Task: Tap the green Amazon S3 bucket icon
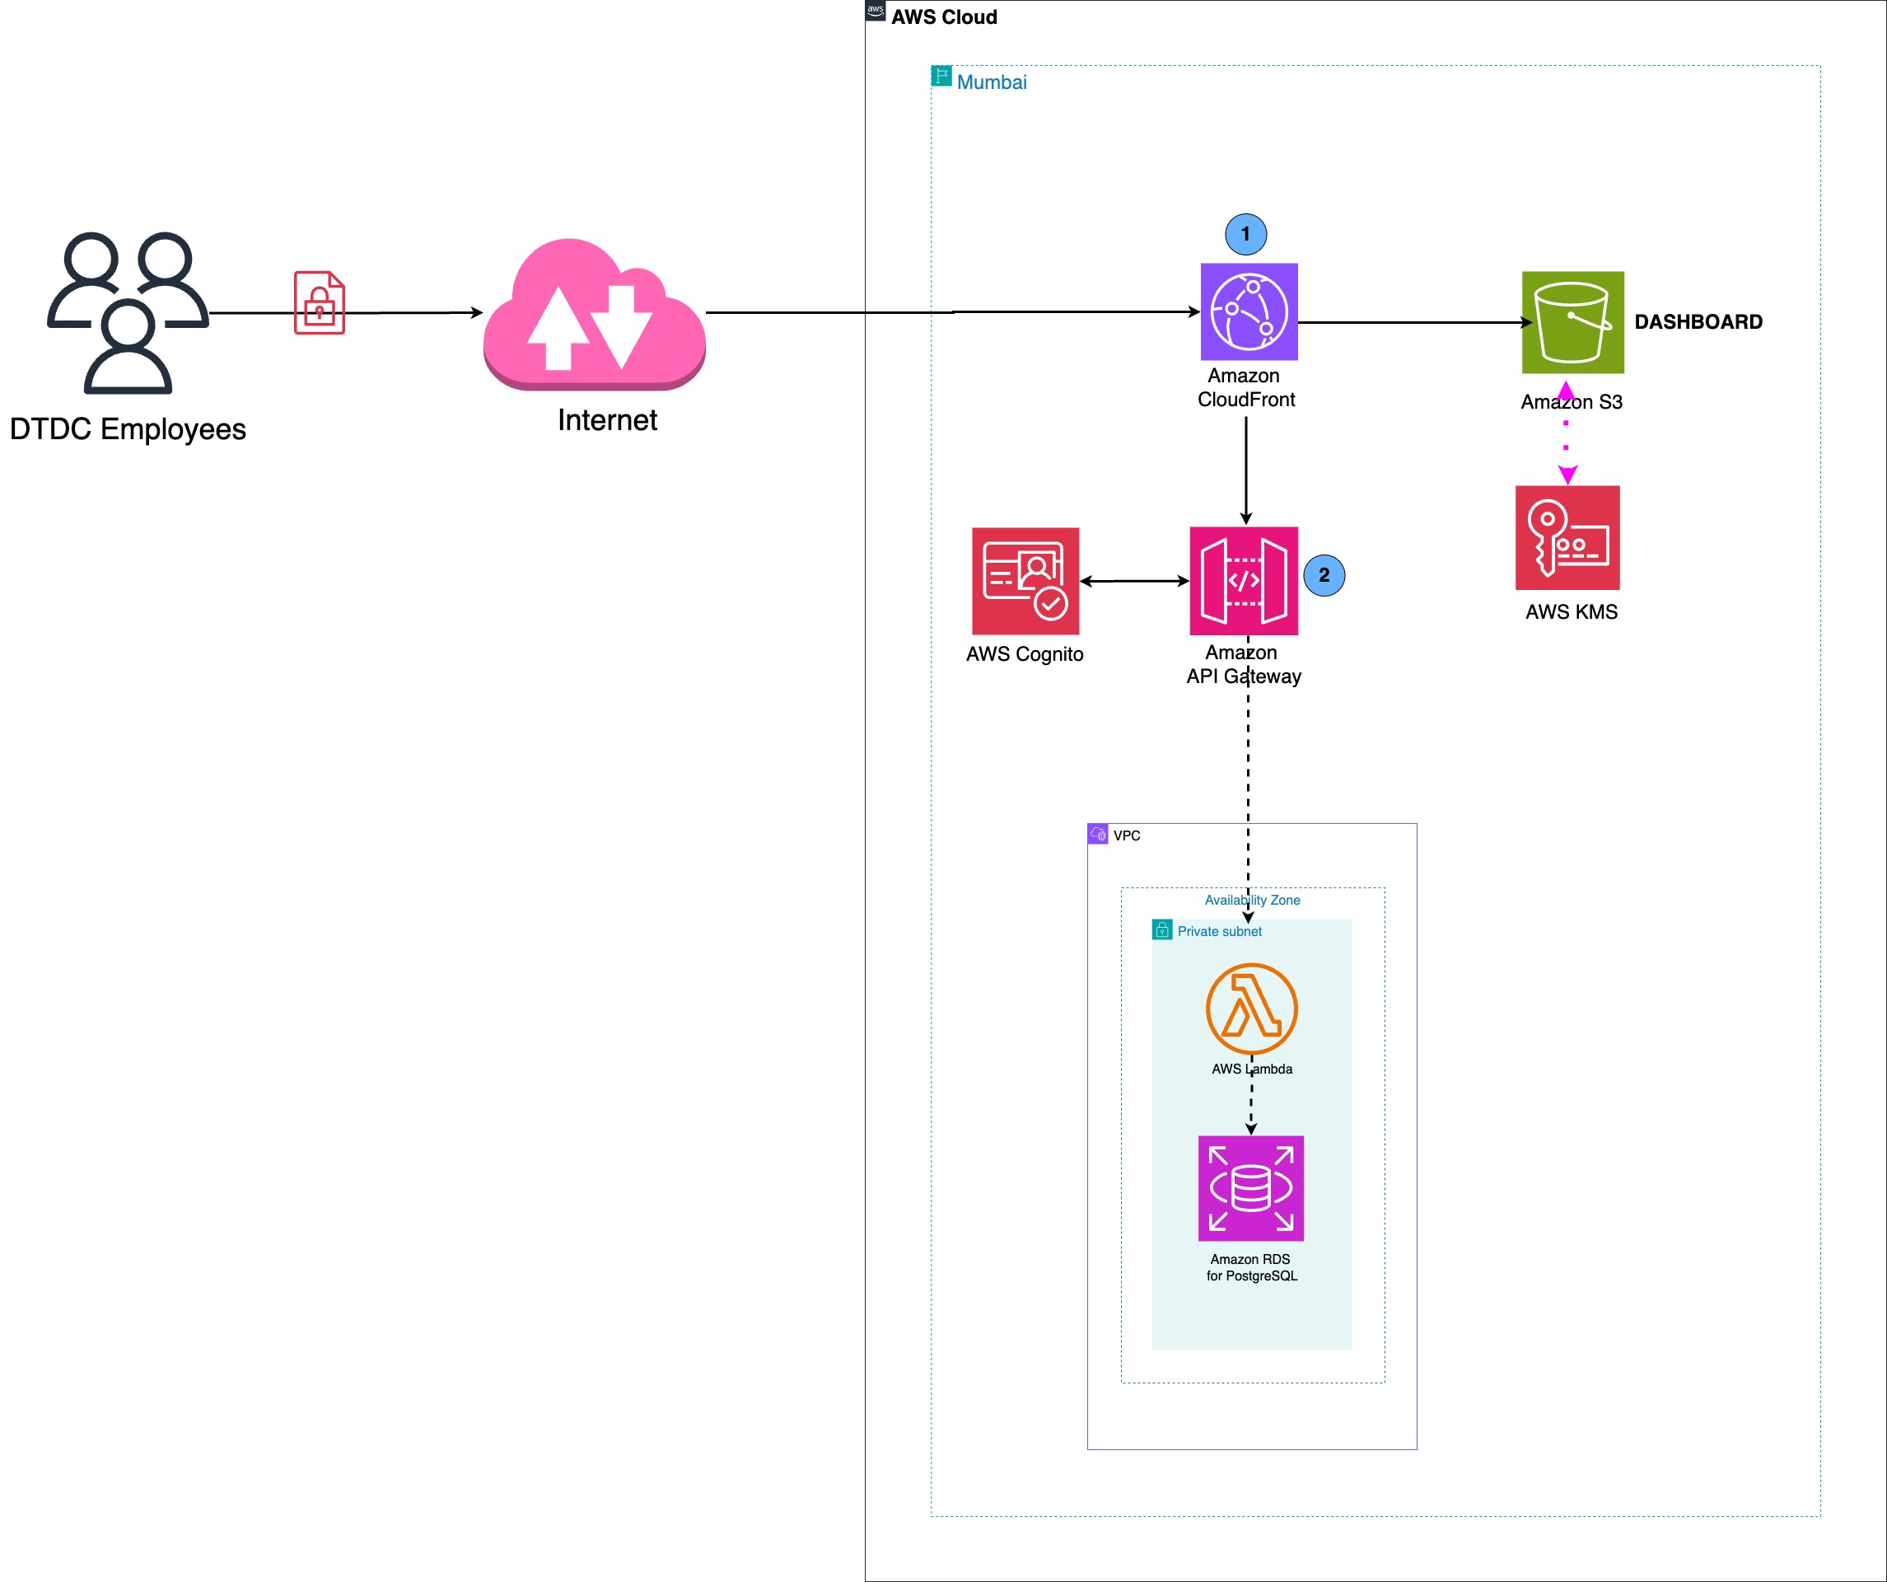tap(1572, 322)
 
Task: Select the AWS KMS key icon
tap(1567, 537)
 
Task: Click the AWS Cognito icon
tap(1025, 581)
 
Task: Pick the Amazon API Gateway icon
tap(1244, 581)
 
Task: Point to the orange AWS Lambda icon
tap(1251, 1009)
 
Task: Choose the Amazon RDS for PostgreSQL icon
tap(1251, 1188)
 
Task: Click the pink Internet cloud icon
tap(594, 315)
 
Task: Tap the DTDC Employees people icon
tap(128, 313)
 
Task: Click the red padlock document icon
tap(319, 303)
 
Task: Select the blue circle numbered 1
tap(1245, 234)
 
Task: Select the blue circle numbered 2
tap(1324, 575)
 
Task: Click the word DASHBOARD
tap(1698, 322)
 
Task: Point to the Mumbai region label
tap(991, 82)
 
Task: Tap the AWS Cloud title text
tap(944, 17)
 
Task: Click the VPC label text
tap(1127, 835)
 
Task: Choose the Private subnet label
tap(1219, 931)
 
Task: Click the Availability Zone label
tap(1252, 900)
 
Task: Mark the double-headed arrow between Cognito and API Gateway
tap(1134, 581)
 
